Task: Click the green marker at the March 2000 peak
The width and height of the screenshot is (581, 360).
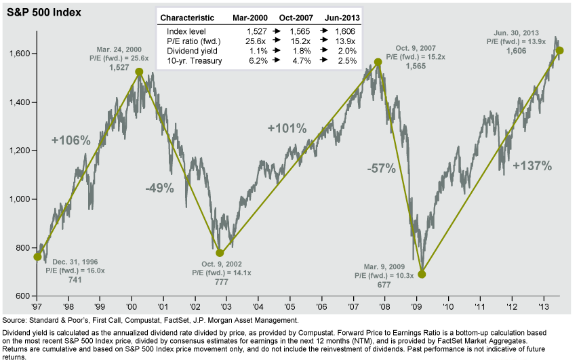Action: [139, 72]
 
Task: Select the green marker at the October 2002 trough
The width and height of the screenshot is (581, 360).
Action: [219, 253]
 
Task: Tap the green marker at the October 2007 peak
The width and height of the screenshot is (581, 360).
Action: [378, 62]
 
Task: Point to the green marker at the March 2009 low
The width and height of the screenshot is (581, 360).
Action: [422, 274]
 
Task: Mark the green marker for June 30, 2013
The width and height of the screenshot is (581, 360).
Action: [559, 51]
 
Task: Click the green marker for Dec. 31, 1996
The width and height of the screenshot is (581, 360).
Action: [37, 257]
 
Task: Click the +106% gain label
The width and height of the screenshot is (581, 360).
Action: [71, 140]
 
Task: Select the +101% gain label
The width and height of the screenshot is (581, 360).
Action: [287, 128]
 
